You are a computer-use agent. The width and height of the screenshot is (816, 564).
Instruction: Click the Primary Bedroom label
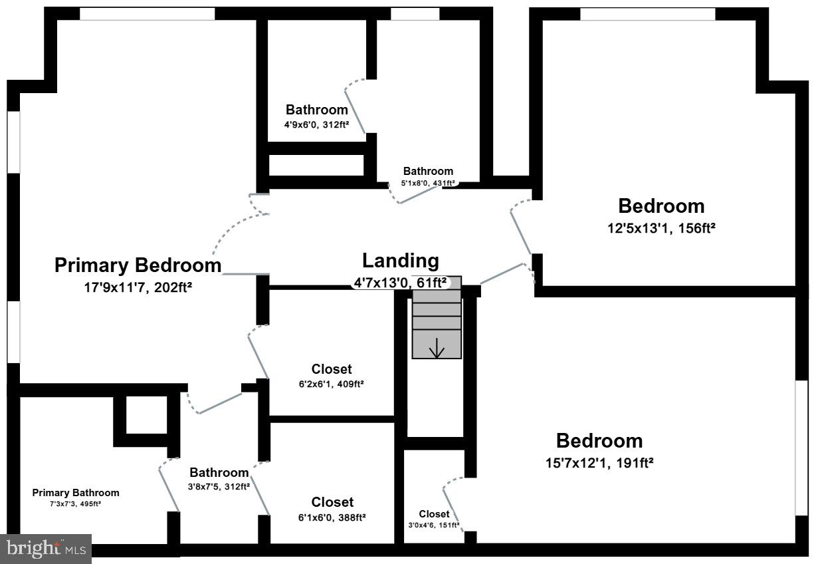click(x=138, y=265)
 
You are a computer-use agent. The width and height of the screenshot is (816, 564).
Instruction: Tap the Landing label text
click(x=400, y=261)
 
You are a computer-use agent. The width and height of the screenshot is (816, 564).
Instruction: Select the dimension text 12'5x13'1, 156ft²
click(x=661, y=228)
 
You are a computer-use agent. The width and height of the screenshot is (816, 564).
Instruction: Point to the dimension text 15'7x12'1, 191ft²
click(x=599, y=463)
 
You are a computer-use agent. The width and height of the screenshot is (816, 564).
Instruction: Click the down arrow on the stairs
click(x=437, y=347)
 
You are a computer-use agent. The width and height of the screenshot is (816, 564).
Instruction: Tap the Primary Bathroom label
click(x=76, y=493)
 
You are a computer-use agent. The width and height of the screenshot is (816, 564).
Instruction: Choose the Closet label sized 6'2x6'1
click(x=332, y=369)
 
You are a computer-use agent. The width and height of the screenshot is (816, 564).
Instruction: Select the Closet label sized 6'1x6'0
click(x=332, y=502)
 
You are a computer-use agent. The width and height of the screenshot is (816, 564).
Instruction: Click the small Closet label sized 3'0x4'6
click(x=434, y=513)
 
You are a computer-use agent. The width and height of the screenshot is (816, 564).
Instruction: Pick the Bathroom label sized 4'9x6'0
click(x=316, y=110)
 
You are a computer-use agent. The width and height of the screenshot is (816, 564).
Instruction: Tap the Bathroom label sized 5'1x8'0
click(x=428, y=171)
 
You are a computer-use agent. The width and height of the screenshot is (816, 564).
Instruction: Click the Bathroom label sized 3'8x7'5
click(x=219, y=472)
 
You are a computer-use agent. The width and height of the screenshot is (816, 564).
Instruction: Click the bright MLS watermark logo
click(x=46, y=549)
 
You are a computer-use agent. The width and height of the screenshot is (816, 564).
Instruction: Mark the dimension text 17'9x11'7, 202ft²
click(x=138, y=287)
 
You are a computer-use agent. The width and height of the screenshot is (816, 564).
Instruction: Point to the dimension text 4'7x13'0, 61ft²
click(x=400, y=283)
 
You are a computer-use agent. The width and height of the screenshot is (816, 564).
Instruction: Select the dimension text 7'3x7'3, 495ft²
click(x=75, y=504)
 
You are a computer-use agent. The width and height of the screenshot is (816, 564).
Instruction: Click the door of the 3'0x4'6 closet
click(x=454, y=504)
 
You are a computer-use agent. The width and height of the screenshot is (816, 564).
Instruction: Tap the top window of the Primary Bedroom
click(x=147, y=14)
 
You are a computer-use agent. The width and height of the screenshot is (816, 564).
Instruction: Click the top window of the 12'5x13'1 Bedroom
click(x=648, y=14)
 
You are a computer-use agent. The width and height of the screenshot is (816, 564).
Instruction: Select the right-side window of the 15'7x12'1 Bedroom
click(x=801, y=448)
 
